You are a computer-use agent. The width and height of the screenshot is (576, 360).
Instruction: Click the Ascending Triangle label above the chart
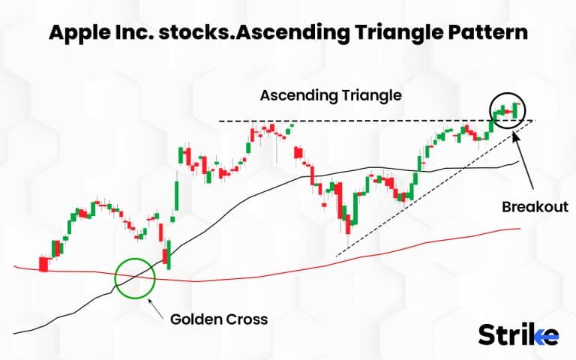click(x=331, y=96)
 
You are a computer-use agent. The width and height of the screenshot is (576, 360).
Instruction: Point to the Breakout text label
click(x=533, y=206)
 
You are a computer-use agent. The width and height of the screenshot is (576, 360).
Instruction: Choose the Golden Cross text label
click(x=218, y=319)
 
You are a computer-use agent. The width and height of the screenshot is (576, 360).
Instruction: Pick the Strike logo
click(x=517, y=334)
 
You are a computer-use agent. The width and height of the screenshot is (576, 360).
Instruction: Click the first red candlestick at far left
click(x=43, y=264)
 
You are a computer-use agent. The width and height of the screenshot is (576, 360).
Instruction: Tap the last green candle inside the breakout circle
click(x=516, y=109)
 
